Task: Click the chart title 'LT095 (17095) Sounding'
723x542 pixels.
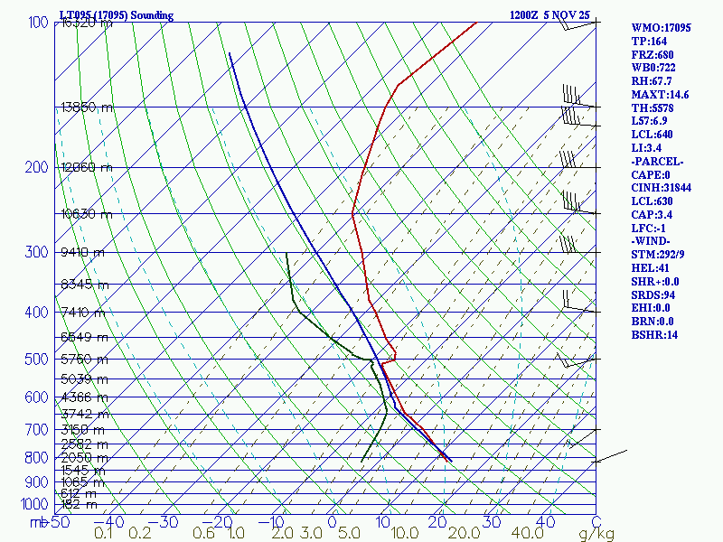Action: pyautogui.click(x=116, y=15)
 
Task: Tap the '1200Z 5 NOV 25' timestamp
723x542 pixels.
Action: pyautogui.click(x=549, y=15)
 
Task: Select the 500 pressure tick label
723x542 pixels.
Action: pyautogui.click(x=37, y=360)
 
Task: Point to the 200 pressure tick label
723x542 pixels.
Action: pyautogui.click(x=37, y=168)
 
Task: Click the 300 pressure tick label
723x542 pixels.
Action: pyautogui.click(x=37, y=252)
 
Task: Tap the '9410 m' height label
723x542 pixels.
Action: pyautogui.click(x=83, y=252)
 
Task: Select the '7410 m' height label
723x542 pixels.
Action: pyautogui.click(x=83, y=312)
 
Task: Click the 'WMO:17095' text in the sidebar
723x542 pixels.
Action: pyautogui.click(x=661, y=28)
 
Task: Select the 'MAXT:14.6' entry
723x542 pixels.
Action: pyautogui.click(x=660, y=94)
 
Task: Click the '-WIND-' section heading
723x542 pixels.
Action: pyautogui.click(x=653, y=241)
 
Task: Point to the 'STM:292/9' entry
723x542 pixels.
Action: pyautogui.click(x=660, y=255)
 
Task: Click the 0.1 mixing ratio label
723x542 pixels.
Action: pyautogui.click(x=103, y=534)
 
